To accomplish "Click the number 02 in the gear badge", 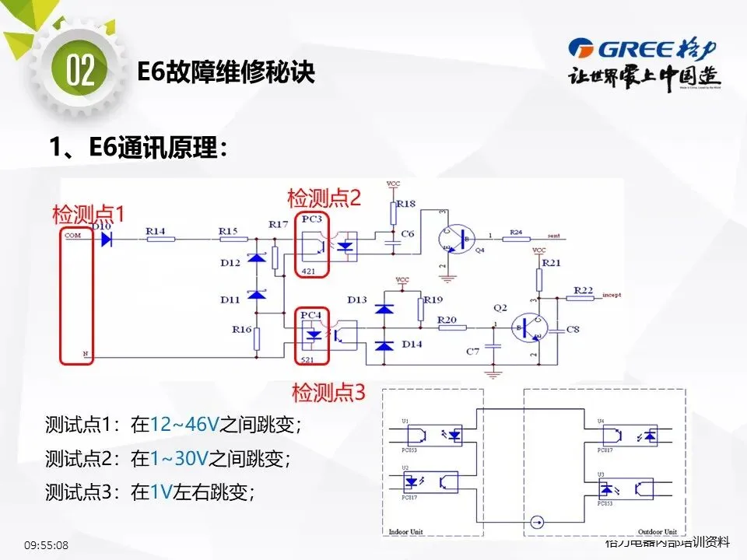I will (x=80, y=71).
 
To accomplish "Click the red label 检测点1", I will (x=88, y=213).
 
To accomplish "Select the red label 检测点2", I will (x=324, y=198).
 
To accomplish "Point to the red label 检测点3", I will (x=328, y=392).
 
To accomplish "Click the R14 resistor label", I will (x=156, y=231).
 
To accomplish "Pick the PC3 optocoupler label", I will (x=311, y=220).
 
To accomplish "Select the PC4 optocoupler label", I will (x=310, y=314).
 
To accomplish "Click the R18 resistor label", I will (x=406, y=203).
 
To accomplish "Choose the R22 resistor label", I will (x=583, y=289).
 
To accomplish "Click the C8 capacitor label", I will (x=573, y=330).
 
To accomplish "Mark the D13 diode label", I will (x=357, y=299).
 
